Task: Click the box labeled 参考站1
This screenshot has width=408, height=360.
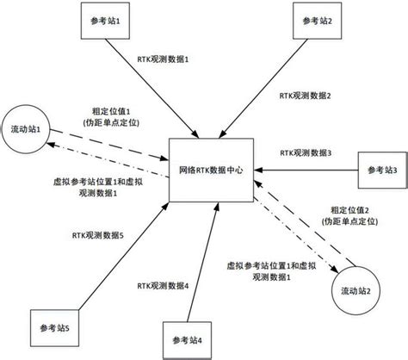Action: coord(105,21)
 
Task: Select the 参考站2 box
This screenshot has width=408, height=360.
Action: coord(317,21)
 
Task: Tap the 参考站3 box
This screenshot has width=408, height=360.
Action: coord(383,171)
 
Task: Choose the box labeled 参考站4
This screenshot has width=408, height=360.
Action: coord(187,340)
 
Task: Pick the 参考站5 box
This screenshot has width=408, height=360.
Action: coord(54,328)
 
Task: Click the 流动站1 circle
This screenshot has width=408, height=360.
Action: coord(26,129)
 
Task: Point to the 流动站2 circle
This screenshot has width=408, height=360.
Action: coord(355,291)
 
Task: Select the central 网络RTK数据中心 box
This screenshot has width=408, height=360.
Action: coord(211,170)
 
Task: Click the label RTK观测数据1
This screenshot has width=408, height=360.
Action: coord(163,59)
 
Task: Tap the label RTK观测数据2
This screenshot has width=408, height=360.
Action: coord(305,96)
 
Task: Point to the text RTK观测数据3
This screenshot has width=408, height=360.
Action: coord(306,152)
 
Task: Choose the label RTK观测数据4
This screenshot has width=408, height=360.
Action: coord(163,286)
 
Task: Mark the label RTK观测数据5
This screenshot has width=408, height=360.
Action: coord(98,235)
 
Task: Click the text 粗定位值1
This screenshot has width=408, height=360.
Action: coord(111,111)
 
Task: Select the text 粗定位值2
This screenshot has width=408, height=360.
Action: coord(349,210)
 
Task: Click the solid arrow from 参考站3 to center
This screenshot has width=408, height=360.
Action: coord(306,171)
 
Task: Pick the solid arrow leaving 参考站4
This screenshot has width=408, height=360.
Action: coord(202,262)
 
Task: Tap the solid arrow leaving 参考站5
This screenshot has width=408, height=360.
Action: coord(124,256)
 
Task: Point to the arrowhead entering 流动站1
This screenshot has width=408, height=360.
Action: coord(50,144)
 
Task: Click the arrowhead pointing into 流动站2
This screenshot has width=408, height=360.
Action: coord(334,269)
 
